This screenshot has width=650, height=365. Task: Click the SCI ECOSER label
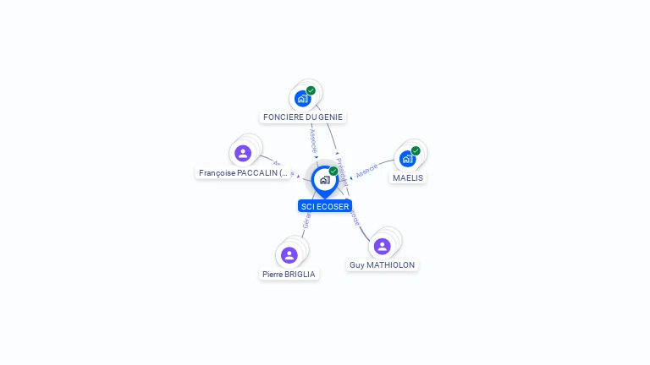point(325,206)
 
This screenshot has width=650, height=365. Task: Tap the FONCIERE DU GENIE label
point(303,117)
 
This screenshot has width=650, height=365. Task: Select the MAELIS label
point(408,178)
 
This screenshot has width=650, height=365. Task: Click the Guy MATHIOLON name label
point(383,264)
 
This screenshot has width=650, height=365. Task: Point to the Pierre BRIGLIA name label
point(289,275)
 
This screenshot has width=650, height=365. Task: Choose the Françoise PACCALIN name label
point(243,173)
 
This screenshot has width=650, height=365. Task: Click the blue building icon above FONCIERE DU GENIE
point(302,99)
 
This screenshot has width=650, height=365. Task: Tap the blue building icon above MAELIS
point(407,159)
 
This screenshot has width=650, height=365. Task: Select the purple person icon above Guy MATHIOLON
point(382,246)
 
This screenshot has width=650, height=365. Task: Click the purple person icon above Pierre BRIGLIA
point(289,255)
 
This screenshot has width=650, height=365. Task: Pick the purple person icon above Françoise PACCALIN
point(243,153)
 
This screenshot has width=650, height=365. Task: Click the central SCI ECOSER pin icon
point(324,180)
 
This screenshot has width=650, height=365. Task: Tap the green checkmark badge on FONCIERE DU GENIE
point(311,90)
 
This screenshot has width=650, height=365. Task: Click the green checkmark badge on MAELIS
point(416,150)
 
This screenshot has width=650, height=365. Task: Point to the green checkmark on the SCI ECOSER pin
point(333,172)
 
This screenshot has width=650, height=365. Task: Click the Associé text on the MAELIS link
point(366,172)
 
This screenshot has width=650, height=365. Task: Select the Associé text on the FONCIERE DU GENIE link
point(313,140)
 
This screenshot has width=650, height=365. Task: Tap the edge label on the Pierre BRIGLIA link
point(306,221)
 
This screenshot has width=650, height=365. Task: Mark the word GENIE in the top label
point(331,117)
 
